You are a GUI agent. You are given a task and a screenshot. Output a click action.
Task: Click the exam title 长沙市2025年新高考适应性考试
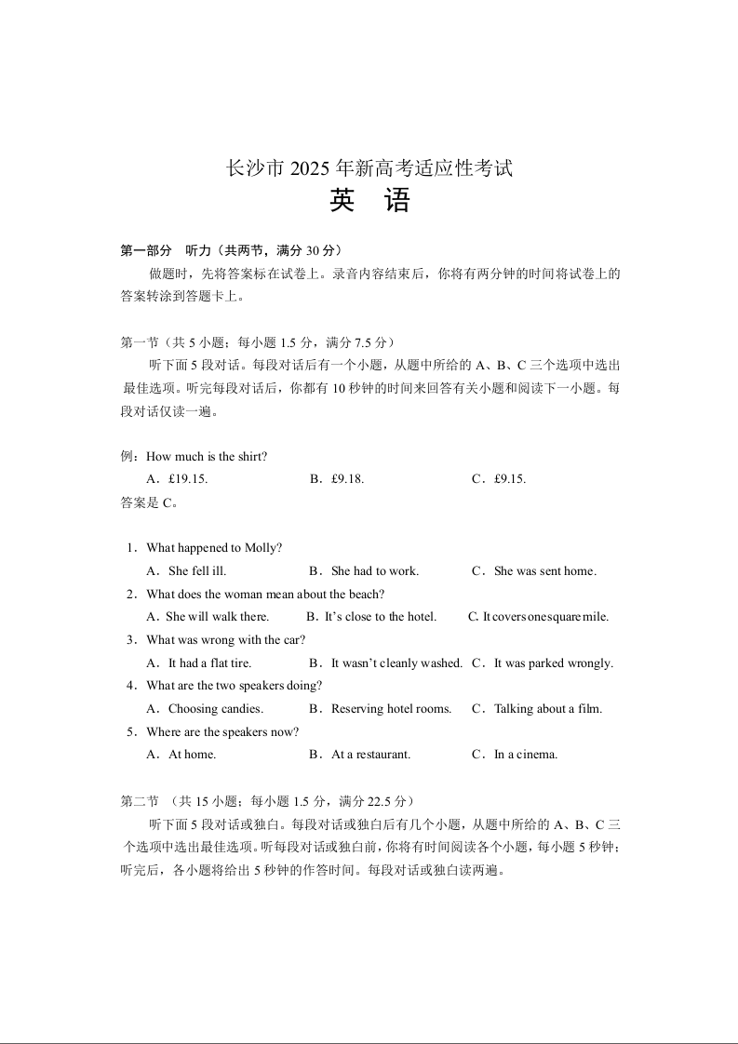(x=369, y=168)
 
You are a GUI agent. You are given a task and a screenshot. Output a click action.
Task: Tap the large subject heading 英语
(x=369, y=201)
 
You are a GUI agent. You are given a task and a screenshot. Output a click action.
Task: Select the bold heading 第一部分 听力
(x=232, y=250)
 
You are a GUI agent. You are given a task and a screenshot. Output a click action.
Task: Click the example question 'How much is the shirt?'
(x=207, y=456)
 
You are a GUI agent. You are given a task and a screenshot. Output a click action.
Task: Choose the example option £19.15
(x=187, y=479)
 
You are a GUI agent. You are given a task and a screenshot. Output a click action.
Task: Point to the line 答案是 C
(x=149, y=502)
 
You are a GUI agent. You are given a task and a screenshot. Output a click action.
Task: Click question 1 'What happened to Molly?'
(x=214, y=548)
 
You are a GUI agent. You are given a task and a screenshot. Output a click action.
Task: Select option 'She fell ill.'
(x=196, y=571)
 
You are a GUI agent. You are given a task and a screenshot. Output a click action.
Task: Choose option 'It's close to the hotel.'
(x=380, y=617)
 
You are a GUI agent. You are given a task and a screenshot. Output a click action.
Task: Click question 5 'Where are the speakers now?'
(x=222, y=732)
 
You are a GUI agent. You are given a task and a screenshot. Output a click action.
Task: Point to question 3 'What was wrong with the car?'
(x=225, y=640)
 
